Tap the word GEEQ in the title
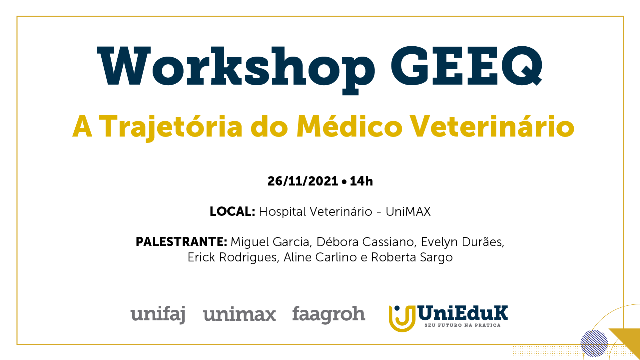tap(466, 66)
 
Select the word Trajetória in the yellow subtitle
tap(171, 127)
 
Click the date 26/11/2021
tap(303, 181)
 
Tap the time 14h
tap(361, 181)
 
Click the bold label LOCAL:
tap(232, 211)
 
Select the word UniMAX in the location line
tap(408, 211)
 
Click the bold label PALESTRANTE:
tap(181, 242)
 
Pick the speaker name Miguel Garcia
tap(271, 242)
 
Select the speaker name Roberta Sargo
tap(412, 257)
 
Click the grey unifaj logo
tap(158, 314)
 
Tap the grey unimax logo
tap(239, 315)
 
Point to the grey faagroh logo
tap(328, 315)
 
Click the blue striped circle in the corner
tap(594, 343)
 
